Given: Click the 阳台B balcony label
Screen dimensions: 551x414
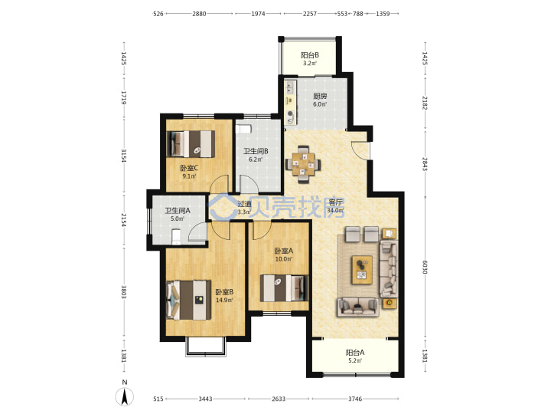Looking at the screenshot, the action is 310,55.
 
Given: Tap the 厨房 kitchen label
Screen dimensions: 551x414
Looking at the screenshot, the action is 320,96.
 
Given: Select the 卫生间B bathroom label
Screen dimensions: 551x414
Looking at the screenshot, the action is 256,151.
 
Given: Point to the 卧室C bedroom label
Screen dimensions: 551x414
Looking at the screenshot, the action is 189,168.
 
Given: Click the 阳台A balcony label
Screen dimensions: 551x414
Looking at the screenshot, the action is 355,353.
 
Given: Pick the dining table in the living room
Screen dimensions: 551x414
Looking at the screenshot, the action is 303,164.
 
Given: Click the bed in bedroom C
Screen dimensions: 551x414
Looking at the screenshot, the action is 191,143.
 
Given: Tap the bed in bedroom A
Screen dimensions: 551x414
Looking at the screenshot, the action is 284,288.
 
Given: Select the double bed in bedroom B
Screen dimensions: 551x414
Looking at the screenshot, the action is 189,300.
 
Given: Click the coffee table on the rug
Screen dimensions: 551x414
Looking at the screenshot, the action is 362,270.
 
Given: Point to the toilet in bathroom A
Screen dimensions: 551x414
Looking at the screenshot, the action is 176,237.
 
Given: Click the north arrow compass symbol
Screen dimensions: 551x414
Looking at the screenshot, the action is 125,396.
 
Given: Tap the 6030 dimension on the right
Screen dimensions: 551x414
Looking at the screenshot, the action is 425,268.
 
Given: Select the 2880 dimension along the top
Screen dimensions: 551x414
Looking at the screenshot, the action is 199,14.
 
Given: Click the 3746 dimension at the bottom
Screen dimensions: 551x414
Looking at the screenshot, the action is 355,399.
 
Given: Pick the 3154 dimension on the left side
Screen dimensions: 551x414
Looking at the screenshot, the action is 124,155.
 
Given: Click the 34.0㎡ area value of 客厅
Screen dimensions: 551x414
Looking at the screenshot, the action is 335,211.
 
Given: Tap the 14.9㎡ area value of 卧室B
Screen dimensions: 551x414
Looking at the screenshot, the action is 224,301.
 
